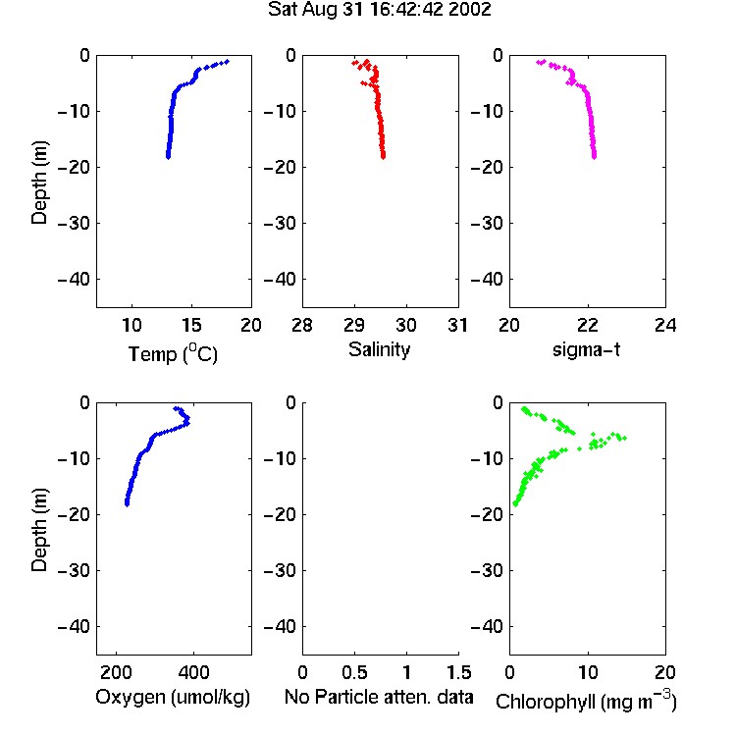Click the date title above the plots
pyautogui.click(x=379, y=10)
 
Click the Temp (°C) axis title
pyautogui.click(x=173, y=353)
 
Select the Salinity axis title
pyautogui.click(x=379, y=349)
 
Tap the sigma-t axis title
pyautogui.click(x=586, y=349)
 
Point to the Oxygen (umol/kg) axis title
pyautogui.click(x=173, y=697)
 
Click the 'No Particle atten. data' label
pyautogui.click(x=379, y=697)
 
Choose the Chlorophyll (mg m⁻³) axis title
pyautogui.click(x=586, y=701)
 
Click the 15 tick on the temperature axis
pyautogui.click(x=191, y=325)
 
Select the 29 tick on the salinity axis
pyautogui.click(x=354, y=325)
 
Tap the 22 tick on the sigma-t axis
pyautogui.click(x=588, y=325)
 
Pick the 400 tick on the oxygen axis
pyautogui.click(x=193, y=672)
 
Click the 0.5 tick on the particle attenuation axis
pyautogui.click(x=354, y=672)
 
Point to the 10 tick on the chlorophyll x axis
pyautogui.click(x=588, y=672)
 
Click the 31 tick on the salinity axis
pyautogui.click(x=457, y=325)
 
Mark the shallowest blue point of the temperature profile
pyautogui.click(x=228, y=61)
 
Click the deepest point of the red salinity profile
pyautogui.click(x=384, y=157)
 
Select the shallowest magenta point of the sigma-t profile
pyautogui.click(x=539, y=62)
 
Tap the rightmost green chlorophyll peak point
pyautogui.click(x=625, y=439)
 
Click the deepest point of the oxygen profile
pyautogui.click(x=127, y=504)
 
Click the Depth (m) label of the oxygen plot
pyautogui.click(x=39, y=530)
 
